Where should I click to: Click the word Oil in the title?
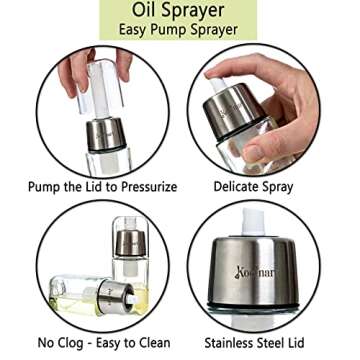[x=145, y=10]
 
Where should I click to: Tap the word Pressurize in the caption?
[x=149, y=187]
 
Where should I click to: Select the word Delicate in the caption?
[x=236, y=186]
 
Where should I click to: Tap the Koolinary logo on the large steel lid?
[x=256, y=273]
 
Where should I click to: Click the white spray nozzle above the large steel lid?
[x=253, y=222]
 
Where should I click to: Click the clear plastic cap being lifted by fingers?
[x=100, y=86]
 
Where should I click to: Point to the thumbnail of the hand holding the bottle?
[x=254, y=153]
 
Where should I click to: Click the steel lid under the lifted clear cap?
[x=106, y=135]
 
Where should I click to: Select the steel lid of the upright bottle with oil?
[x=130, y=243]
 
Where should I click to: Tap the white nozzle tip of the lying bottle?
[x=132, y=299]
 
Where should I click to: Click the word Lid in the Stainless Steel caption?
[x=295, y=343]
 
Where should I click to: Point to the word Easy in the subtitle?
[x=133, y=30]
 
